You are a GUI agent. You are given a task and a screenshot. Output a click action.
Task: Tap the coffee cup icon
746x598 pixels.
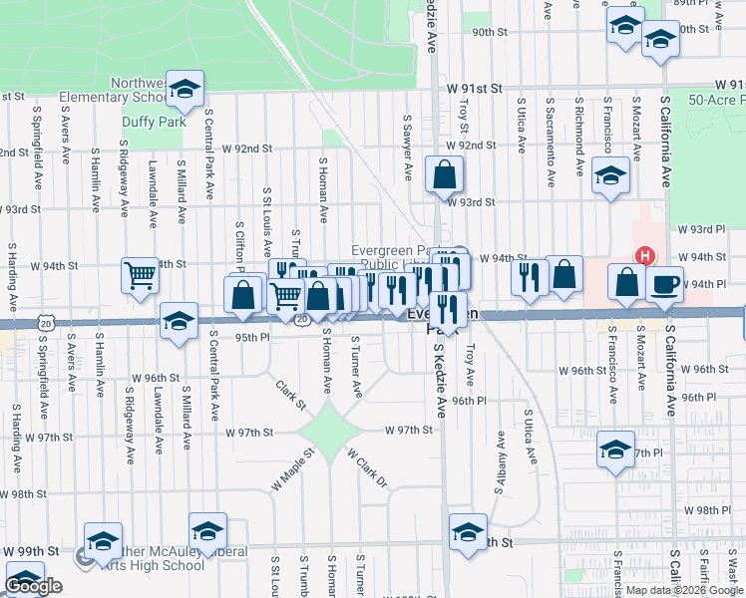point(664,284)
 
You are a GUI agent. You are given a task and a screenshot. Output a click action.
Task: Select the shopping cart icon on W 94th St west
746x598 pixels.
point(140,274)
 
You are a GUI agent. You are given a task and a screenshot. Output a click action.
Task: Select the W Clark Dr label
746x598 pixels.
point(366,467)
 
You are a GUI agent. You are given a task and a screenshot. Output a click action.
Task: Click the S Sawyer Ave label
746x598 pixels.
point(407,147)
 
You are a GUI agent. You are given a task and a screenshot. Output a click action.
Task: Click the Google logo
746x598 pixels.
point(34,587)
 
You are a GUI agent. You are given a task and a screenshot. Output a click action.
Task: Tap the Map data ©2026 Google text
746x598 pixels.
point(683,590)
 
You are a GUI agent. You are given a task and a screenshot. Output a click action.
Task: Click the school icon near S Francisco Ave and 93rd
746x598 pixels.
point(610,174)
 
